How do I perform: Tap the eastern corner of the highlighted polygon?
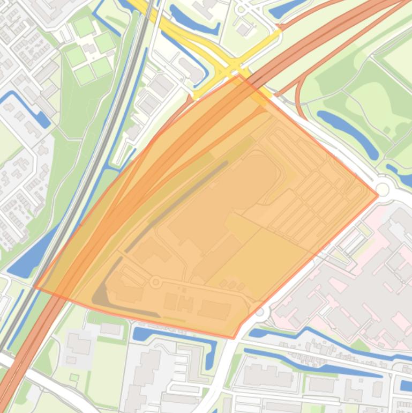[x=378, y=195]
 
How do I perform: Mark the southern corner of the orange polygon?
[x=234, y=338]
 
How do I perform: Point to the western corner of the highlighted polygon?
[x=35, y=287]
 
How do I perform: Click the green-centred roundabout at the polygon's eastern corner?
[x=383, y=189]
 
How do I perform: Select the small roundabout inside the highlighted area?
[x=156, y=282]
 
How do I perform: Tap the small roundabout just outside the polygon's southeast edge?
[x=260, y=311]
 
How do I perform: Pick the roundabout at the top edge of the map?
[x=241, y=9]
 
